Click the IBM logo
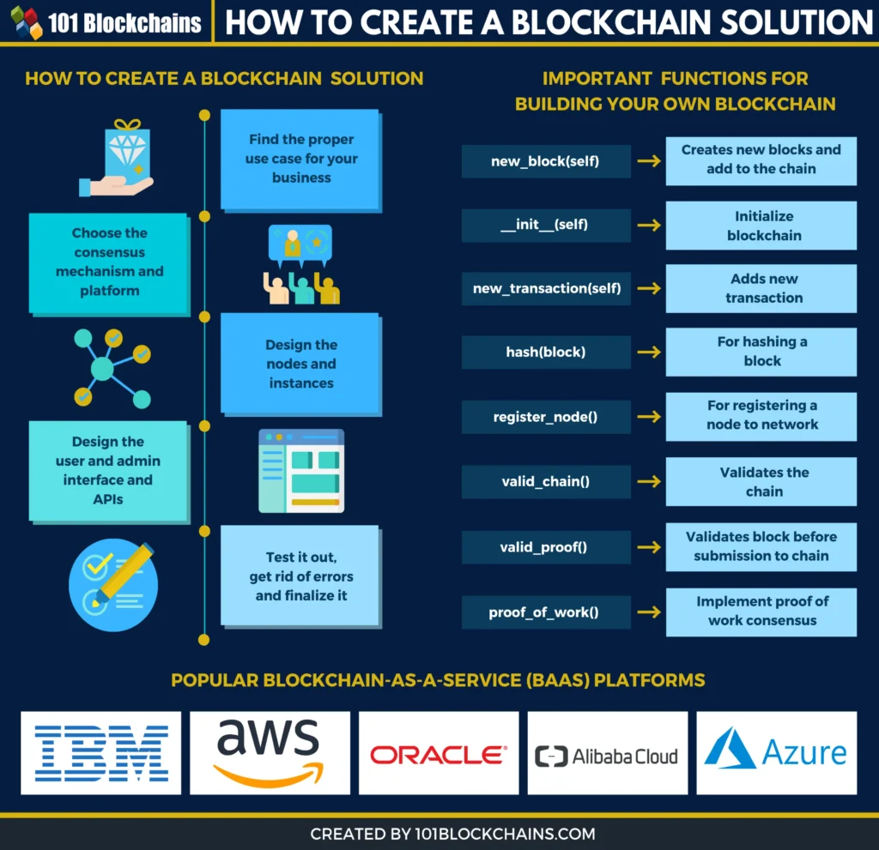coord(101,752)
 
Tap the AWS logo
coord(270,752)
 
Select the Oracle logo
coord(438,754)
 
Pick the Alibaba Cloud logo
coord(606,756)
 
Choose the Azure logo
coord(775,752)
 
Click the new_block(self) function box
coord(546,161)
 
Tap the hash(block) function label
coord(546,352)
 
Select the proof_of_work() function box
coord(546,612)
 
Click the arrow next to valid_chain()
coord(650,481)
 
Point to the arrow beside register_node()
coord(650,417)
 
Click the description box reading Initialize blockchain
coord(761,226)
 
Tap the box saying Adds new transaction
coord(761,288)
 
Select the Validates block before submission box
coord(761,546)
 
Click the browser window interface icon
coord(301,470)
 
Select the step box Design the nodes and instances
coord(300,364)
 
